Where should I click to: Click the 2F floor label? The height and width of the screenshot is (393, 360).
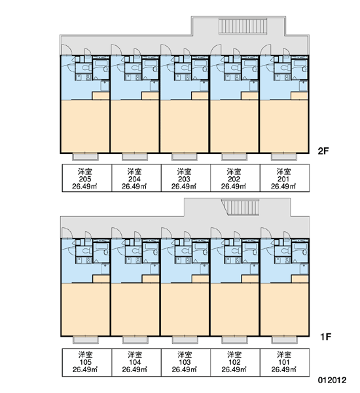click(323, 151)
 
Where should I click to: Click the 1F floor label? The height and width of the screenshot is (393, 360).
click(326, 337)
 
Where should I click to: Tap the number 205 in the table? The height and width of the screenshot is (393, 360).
click(85, 179)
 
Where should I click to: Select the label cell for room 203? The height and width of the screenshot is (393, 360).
click(185, 178)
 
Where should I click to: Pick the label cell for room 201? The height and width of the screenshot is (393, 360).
click(285, 178)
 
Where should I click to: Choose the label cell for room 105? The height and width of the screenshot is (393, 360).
click(86, 362)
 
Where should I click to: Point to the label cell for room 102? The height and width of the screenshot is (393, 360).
click(235, 362)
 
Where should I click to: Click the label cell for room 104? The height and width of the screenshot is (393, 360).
click(136, 362)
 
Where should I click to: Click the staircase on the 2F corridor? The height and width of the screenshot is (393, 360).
click(242, 26)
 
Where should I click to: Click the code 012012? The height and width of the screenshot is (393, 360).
click(333, 380)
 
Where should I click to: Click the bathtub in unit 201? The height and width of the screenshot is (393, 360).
click(300, 63)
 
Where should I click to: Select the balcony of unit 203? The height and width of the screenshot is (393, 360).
click(185, 157)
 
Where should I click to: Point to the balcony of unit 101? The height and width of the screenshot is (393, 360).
click(285, 340)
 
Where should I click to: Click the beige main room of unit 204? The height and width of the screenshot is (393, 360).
click(135, 126)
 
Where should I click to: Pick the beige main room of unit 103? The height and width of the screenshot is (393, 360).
click(185, 310)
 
